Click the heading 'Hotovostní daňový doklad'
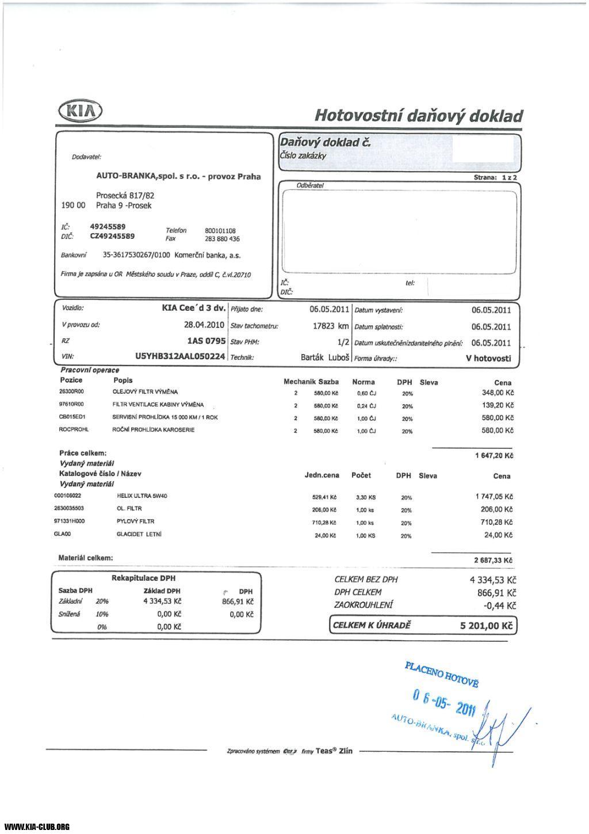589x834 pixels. point(418,116)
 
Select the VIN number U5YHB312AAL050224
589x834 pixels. point(180,357)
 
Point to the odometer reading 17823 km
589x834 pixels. point(331,326)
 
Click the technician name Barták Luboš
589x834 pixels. point(326,357)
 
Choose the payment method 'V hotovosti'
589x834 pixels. point(488,358)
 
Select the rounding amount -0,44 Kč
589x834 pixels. point(499,605)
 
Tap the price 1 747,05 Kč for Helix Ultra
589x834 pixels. point(494,496)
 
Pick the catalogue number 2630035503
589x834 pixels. point(68,509)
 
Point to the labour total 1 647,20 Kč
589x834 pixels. point(494,456)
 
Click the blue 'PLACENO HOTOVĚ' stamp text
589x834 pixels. point(441,674)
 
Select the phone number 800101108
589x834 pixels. point(220,231)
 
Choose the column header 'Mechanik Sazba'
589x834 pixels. point(311,382)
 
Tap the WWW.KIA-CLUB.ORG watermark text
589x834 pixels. point(37,827)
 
